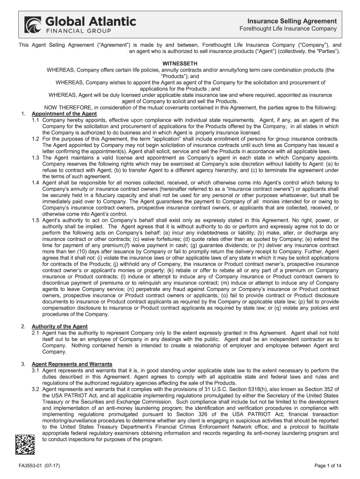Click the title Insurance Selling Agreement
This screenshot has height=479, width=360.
coord(292,21)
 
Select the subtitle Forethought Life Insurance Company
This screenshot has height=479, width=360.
coord(288,29)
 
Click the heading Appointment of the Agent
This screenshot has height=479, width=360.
coord(64,114)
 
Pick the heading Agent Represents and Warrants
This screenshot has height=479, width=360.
coord(72,364)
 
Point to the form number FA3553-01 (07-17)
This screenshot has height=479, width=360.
coord(39,466)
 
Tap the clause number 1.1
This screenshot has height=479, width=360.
coord(36,120)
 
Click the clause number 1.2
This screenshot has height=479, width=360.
coord(36,139)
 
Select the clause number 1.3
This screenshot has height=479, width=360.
coord(36,158)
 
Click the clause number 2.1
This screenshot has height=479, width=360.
coord(36,333)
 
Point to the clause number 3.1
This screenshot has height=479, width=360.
coord(36,370)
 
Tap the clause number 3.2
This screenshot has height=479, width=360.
coord(36,389)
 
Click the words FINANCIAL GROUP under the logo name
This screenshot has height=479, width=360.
coord(78,31)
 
